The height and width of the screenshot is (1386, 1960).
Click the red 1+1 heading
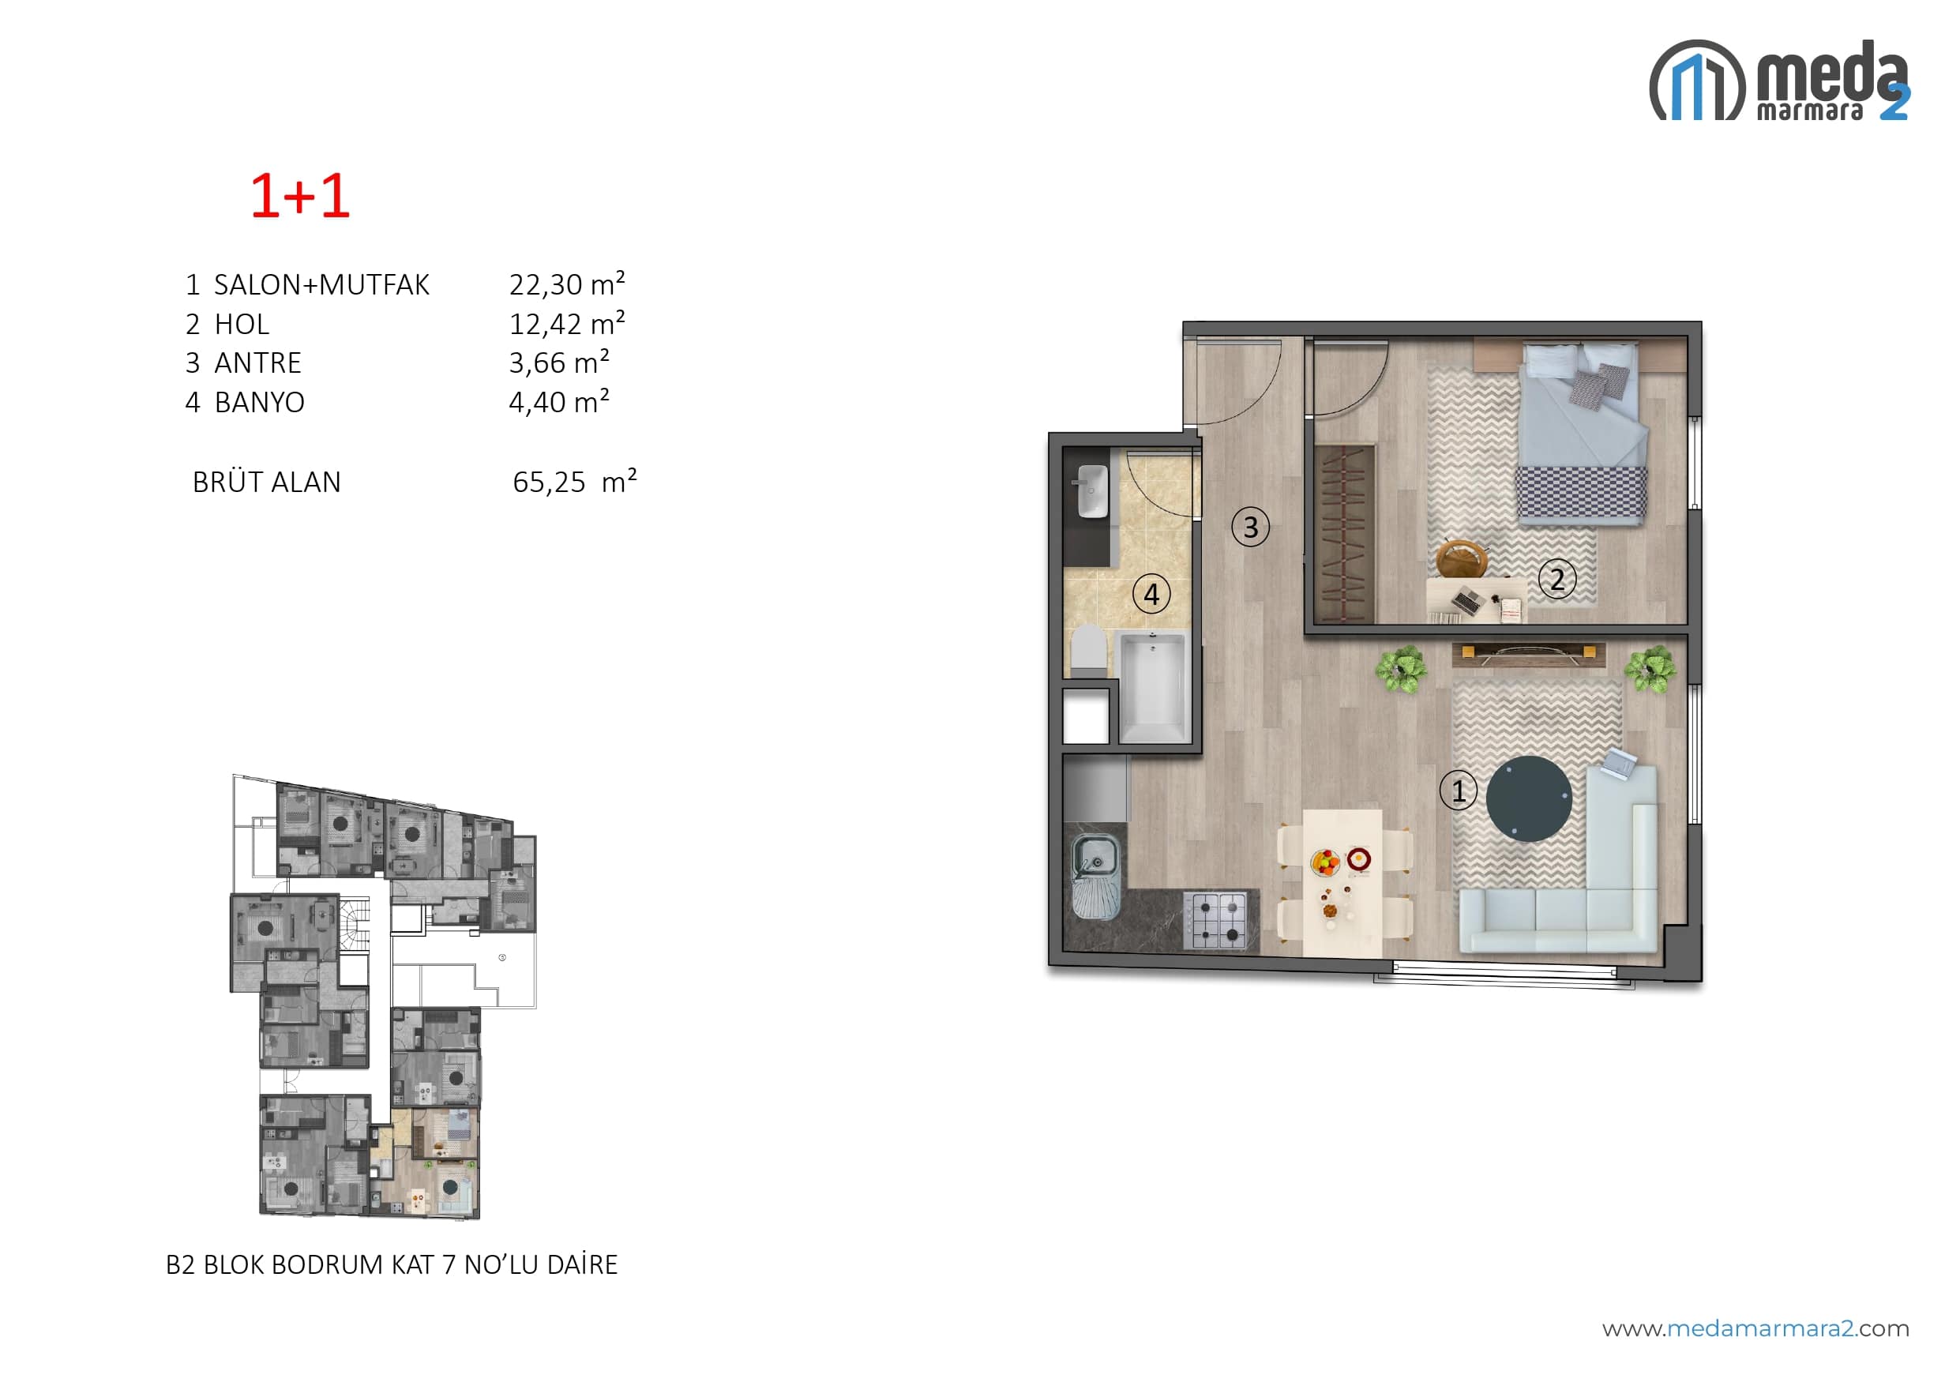299,196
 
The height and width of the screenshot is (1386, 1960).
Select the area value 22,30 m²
567,284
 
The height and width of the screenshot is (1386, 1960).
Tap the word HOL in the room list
242,324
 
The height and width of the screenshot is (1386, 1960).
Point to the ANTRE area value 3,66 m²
559,362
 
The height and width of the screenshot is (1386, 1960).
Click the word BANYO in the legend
260,402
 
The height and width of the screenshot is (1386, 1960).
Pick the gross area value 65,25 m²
575,482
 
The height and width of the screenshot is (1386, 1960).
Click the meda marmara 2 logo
1779,81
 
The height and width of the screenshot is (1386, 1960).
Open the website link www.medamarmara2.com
1755,1329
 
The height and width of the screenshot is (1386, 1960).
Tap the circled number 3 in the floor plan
1251,527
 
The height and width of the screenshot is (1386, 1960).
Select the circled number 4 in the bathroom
1151,594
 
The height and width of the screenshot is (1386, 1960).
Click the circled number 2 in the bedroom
1557,579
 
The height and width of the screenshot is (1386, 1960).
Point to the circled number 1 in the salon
1458,791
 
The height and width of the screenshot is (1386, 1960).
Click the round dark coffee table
1529,798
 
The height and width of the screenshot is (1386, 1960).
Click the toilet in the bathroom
1088,650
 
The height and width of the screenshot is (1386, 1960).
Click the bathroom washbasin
1092,491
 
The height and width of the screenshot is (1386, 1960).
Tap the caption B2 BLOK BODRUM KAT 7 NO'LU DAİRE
392,1264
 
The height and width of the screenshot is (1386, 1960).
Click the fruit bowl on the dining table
1326,862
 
